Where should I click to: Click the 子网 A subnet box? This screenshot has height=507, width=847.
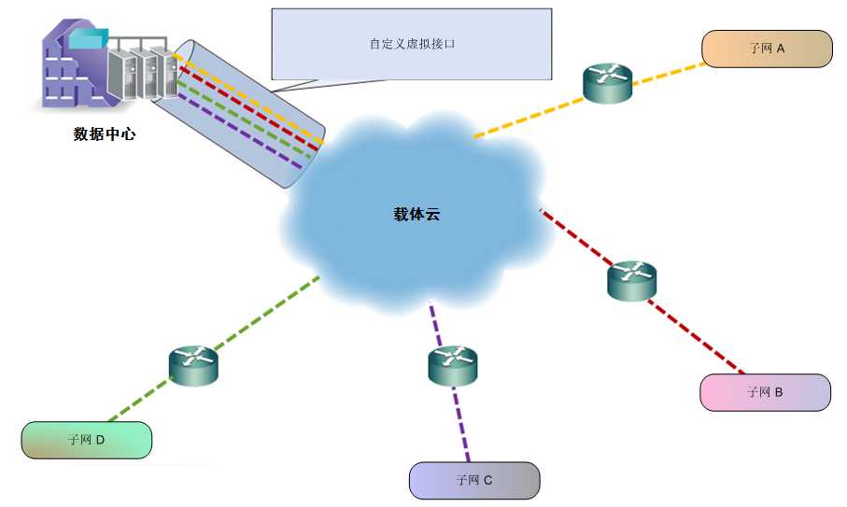click(766, 49)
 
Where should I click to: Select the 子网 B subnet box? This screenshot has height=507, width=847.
click(765, 392)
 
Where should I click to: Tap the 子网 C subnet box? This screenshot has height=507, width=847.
click(474, 480)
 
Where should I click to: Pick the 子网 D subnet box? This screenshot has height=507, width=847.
click(86, 440)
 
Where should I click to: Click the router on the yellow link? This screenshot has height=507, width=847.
click(607, 84)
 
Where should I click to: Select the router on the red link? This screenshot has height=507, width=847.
click(631, 280)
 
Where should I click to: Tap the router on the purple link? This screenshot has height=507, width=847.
click(452, 365)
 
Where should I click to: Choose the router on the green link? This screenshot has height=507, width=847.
click(193, 364)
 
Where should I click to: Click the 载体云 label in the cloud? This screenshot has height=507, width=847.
click(416, 214)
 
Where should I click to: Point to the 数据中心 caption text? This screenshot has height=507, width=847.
click(105, 134)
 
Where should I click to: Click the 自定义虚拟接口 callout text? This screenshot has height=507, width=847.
click(412, 44)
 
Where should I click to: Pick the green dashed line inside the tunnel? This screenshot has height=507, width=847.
click(245, 120)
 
